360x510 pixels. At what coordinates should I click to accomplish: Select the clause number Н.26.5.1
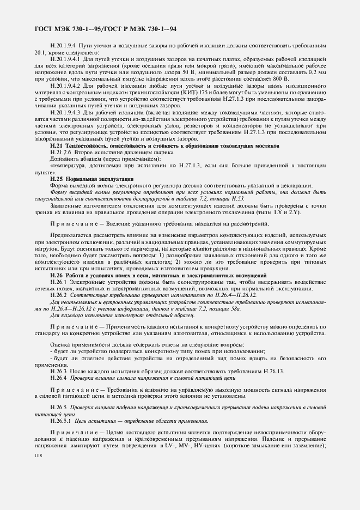(62, 421)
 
